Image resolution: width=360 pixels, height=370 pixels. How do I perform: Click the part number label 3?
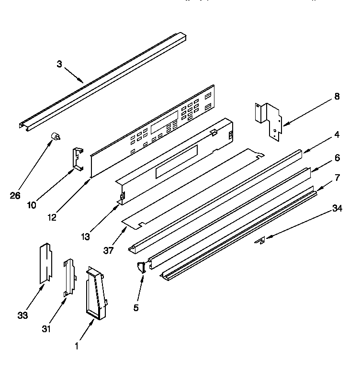pos(59,64)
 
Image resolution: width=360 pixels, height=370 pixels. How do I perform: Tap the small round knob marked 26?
pos(56,138)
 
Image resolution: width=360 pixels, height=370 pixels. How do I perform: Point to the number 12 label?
pos(52,217)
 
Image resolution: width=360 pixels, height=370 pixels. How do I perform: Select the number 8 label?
pos(337,97)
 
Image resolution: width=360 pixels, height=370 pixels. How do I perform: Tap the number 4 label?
pos(337,135)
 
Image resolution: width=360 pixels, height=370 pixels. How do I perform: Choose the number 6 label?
pos(337,157)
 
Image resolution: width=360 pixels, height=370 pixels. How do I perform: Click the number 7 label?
pos(337,178)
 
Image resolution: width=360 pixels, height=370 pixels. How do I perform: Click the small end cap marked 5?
pos(141,268)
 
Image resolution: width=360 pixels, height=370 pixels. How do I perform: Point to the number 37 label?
pos(109,250)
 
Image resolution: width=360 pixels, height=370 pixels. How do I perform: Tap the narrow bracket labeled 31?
pos(69,278)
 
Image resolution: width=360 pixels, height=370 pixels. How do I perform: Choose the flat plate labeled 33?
pos(45,263)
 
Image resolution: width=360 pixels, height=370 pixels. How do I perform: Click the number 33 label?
pos(22,315)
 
